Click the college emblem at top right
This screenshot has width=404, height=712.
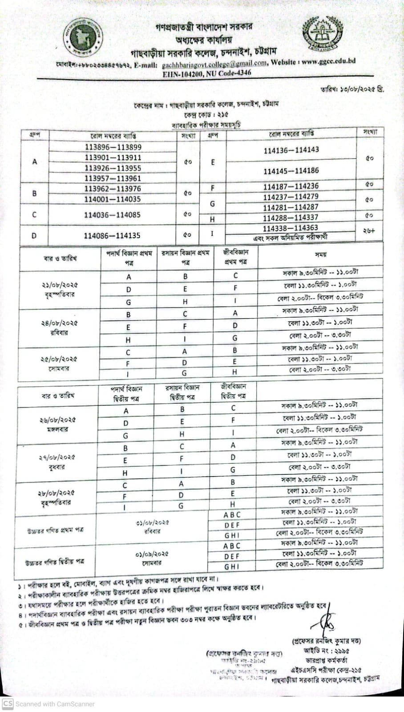pos(323,34)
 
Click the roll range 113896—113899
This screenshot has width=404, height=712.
pos(113,147)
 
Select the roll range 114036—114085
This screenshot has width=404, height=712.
pos(112,215)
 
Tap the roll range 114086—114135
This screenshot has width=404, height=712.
pos(112,235)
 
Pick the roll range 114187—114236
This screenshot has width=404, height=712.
pos(291,186)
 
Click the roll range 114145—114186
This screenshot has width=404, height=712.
pos(291,171)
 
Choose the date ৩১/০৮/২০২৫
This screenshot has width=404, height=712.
pos(152,523)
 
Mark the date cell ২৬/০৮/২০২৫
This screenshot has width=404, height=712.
pos(57,420)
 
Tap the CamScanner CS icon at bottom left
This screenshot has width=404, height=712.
pos(8,704)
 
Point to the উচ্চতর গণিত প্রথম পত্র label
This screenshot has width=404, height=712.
pos(54,530)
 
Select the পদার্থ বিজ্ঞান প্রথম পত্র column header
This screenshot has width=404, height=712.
pos(129,258)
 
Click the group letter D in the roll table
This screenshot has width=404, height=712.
pos(34,236)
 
